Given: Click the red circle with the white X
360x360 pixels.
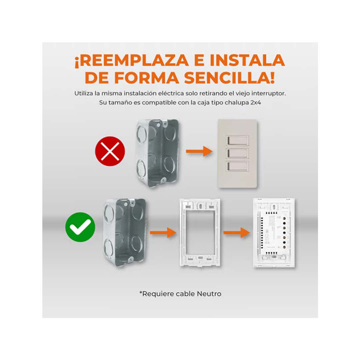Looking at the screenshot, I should (x=110, y=151).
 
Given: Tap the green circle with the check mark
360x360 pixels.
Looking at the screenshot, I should (x=80, y=227).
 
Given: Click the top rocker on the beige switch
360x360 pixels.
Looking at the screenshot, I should (x=237, y=140).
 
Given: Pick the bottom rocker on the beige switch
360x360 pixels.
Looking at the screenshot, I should (x=237, y=166).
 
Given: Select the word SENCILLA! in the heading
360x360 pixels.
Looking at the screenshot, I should (x=230, y=78).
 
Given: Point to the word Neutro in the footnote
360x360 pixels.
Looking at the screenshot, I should (x=209, y=294).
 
